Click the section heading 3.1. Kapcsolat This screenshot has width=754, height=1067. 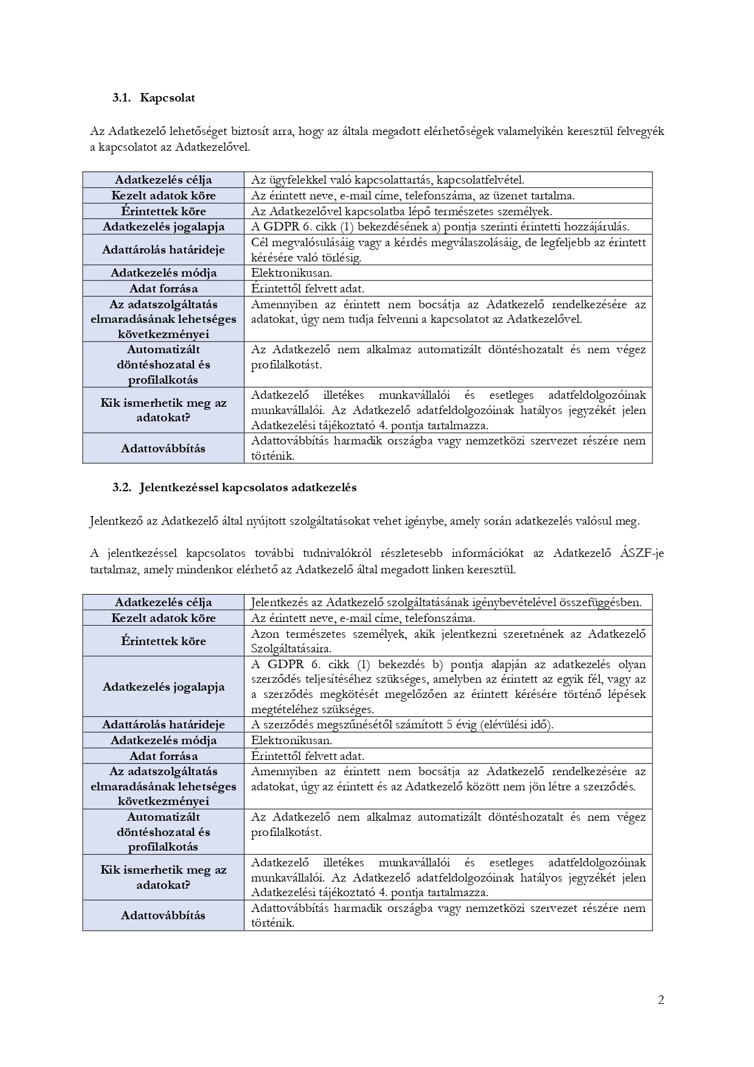[x=153, y=97]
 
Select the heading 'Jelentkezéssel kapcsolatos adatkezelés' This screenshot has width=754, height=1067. [x=247, y=487]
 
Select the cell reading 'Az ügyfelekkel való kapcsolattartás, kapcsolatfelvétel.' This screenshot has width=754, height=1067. [x=387, y=179]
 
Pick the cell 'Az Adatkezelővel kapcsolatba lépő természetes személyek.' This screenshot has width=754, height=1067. [x=401, y=211]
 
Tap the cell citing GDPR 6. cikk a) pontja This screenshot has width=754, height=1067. [x=440, y=226]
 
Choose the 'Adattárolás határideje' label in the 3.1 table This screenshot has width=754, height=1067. [x=163, y=249]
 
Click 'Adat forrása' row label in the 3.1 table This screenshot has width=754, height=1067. [x=163, y=288]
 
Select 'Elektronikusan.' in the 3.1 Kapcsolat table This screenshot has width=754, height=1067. [x=291, y=273]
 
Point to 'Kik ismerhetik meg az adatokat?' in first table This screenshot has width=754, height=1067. [x=163, y=410]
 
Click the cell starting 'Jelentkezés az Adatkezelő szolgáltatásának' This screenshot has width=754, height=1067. [x=446, y=602]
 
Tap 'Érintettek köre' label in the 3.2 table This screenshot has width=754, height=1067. [x=163, y=641]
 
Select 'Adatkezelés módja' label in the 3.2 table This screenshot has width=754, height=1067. [x=163, y=740]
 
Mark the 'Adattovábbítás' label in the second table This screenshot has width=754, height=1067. [x=163, y=915]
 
